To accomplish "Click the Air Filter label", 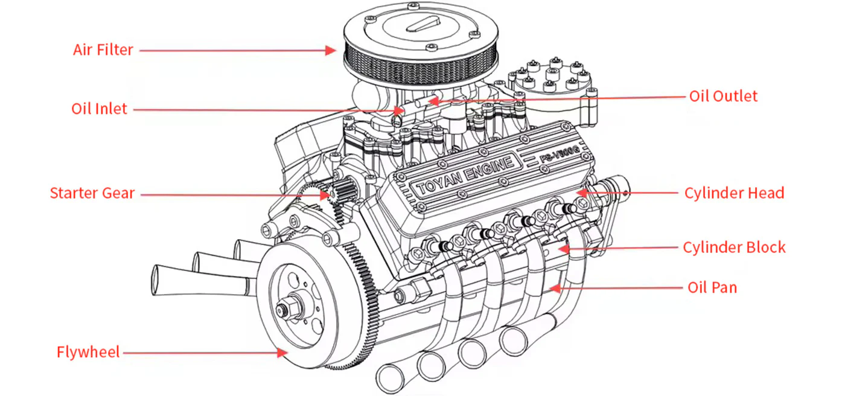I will (x=103, y=49).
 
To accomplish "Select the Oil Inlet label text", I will (x=100, y=109).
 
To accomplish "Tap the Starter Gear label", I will (x=92, y=194).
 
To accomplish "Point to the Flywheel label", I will (x=88, y=352).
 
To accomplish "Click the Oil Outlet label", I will (x=722, y=96).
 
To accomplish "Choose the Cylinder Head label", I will (x=734, y=193).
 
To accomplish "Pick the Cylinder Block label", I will (x=734, y=247).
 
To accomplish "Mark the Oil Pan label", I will (x=712, y=287).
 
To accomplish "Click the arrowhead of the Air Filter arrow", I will (x=331, y=50).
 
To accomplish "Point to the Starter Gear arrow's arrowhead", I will (x=331, y=194).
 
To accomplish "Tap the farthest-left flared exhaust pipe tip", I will (x=159, y=278).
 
